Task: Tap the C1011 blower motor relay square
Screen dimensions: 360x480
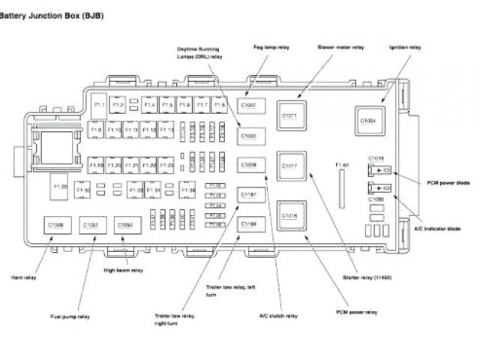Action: pyautogui.click(x=290, y=115)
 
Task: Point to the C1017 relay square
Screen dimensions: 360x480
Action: pyautogui.click(x=290, y=165)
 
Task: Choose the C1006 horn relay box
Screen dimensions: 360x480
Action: pyautogui.click(x=56, y=225)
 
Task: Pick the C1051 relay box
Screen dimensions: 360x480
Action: pyautogui.click(x=91, y=225)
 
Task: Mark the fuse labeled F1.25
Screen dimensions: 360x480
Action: pyautogui.click(x=60, y=185)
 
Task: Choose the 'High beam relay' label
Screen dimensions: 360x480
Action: pyautogui.click(x=124, y=269)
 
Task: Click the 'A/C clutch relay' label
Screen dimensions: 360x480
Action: pyautogui.click(x=278, y=316)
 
